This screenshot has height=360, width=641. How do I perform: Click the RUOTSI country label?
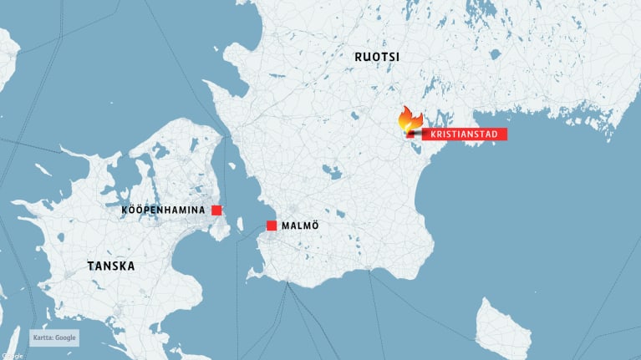376,57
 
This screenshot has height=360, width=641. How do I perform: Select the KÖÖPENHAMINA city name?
163,210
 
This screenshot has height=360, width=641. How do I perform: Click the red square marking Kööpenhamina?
216,210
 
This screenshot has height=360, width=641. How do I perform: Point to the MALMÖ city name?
300,226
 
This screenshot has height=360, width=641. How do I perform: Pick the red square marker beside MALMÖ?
272,226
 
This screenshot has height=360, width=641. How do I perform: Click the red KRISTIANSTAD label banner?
465,134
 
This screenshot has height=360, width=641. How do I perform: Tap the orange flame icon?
410,119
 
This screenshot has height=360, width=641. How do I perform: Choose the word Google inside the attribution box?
66,337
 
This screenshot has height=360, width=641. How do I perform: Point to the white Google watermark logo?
12,356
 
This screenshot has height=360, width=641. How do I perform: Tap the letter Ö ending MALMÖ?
314,226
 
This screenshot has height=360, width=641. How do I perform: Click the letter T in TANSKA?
91,266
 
